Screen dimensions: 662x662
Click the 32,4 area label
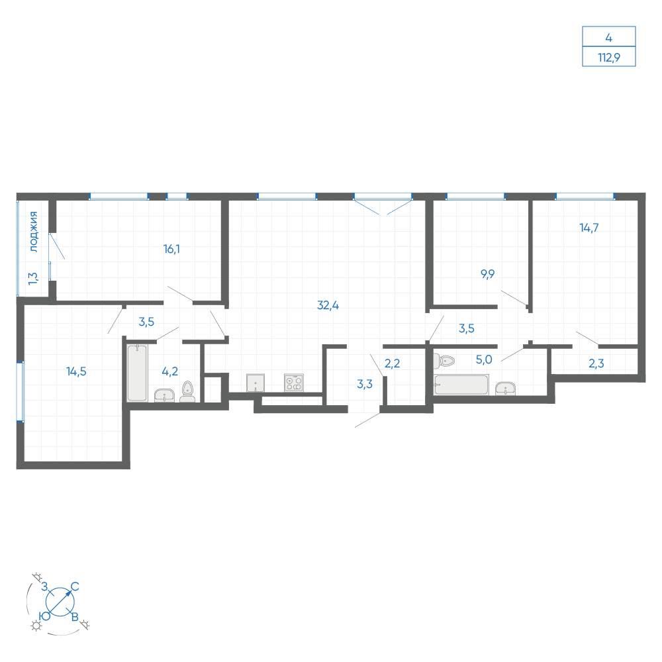point(328,305)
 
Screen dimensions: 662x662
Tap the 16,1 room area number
point(172,249)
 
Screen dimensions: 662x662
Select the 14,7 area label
point(589,228)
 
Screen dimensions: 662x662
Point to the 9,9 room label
point(488,275)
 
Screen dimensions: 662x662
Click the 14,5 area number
point(76,371)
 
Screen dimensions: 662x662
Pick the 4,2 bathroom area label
point(169,371)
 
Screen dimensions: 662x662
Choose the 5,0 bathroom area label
point(484,359)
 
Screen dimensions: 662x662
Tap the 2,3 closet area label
point(596,363)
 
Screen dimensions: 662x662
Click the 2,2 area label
point(392,363)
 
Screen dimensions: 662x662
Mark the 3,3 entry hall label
point(365,384)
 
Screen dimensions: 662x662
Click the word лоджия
point(34,232)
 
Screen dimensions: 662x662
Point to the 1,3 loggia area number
point(33,278)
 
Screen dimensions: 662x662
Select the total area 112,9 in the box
point(609,57)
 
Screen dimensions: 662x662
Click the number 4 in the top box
point(608,38)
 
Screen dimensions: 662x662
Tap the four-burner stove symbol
point(294,383)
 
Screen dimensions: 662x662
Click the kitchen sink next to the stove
point(256,383)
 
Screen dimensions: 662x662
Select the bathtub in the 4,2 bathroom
point(137,373)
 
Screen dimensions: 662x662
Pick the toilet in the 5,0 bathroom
point(444,361)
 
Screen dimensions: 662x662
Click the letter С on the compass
point(75,587)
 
